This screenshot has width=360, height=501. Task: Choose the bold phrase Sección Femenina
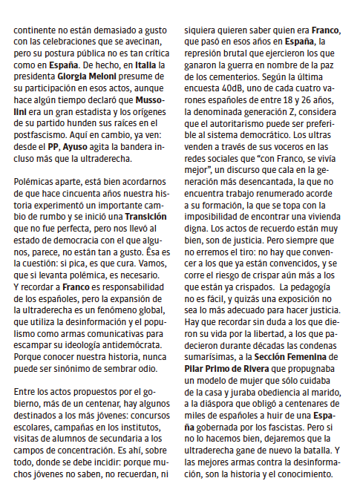point(295,357)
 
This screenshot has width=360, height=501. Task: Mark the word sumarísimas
point(211,357)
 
